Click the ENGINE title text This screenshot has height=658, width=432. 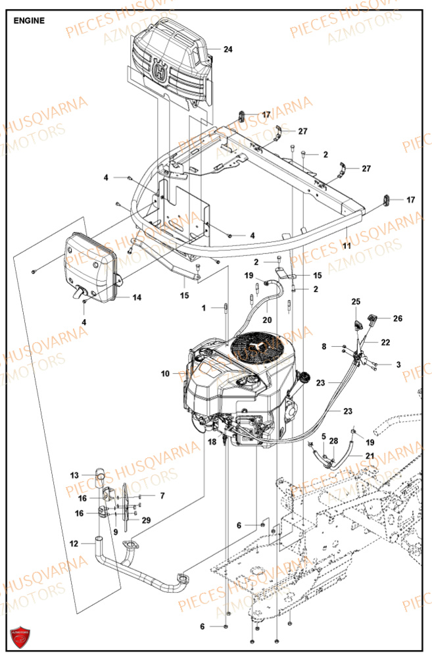(x=29, y=20)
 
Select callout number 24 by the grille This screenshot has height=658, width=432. (x=228, y=49)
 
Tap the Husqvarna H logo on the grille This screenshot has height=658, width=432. (x=159, y=70)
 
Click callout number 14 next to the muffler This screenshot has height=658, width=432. (x=136, y=297)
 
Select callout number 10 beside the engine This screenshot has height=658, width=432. (x=164, y=374)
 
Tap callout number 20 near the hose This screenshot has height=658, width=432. (x=267, y=320)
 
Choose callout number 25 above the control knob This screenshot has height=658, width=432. (x=356, y=302)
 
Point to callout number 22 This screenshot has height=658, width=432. (x=385, y=342)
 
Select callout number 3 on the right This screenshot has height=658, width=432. (x=398, y=364)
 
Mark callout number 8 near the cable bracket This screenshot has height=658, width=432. (x=324, y=346)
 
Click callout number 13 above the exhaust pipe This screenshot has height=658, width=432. (x=74, y=474)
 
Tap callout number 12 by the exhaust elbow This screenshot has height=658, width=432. (x=74, y=544)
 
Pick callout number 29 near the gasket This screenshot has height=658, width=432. (x=146, y=520)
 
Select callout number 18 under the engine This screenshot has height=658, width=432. (x=211, y=443)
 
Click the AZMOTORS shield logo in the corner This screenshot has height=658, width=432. (x=20, y=638)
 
